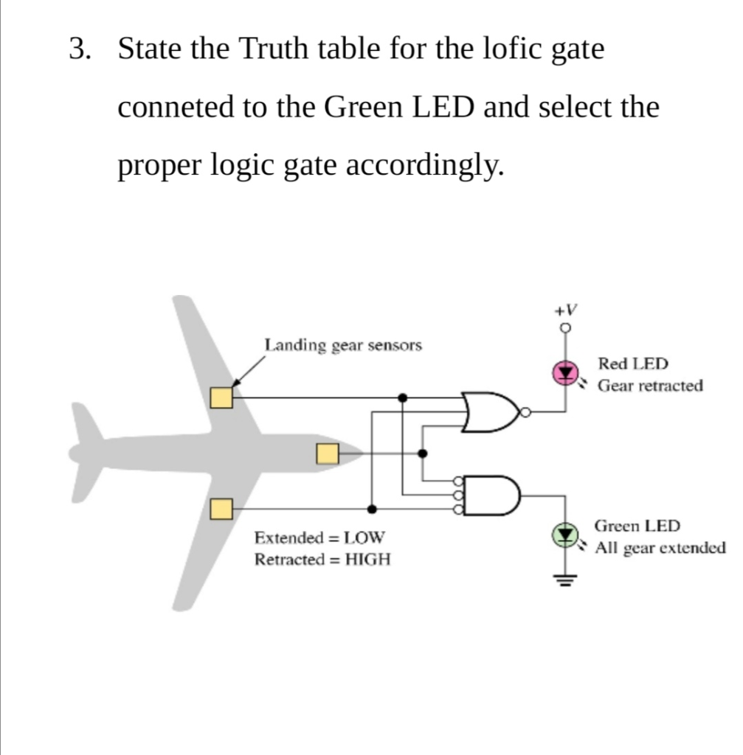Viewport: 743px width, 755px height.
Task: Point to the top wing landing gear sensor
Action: (221, 397)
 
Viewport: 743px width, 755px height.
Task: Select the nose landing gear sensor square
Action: (327, 453)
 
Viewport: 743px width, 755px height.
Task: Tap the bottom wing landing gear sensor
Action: (221, 509)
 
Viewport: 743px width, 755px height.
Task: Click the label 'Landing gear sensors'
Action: (343, 345)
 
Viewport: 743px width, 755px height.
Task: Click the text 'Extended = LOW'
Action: (319, 537)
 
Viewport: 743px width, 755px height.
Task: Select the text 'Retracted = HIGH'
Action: (322, 560)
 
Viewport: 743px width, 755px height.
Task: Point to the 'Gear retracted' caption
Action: (650, 386)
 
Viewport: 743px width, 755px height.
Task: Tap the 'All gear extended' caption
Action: (661, 549)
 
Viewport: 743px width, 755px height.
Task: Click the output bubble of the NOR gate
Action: (525, 412)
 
